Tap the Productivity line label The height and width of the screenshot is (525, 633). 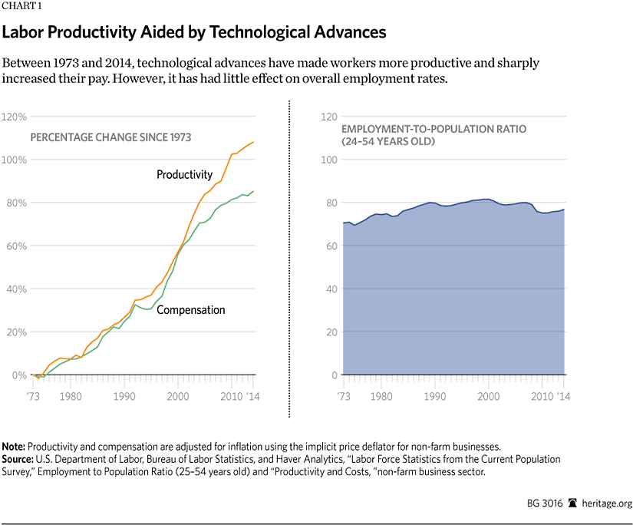coord(184,174)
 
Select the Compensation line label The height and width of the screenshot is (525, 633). coord(191,310)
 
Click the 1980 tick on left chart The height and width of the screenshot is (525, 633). coord(72,397)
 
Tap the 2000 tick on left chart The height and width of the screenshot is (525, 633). coord(177,397)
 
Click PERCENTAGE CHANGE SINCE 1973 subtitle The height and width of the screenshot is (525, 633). coord(110,137)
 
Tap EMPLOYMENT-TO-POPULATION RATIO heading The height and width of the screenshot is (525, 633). coord(434,129)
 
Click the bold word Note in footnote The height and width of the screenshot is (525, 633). coord(13,447)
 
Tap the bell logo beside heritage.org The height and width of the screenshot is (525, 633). coord(572,504)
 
